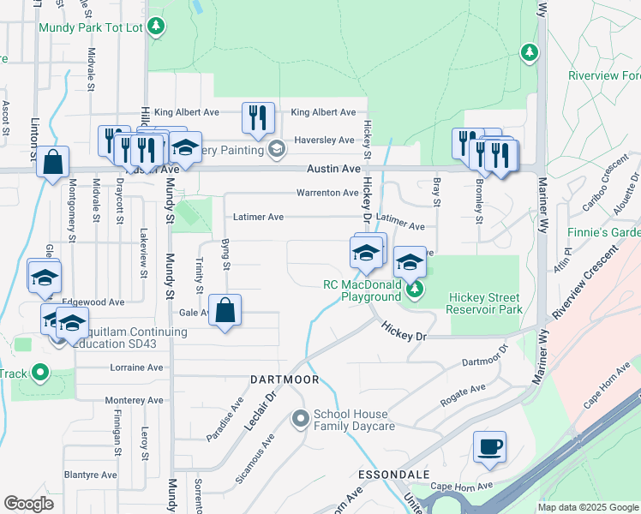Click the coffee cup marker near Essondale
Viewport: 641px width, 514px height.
pos(489,447)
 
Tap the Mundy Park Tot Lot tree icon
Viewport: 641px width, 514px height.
pos(156,27)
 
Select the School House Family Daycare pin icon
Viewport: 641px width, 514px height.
pos(300,420)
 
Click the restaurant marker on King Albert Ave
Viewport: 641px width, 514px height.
pos(259,117)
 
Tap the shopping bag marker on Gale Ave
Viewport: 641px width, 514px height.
pos(225,311)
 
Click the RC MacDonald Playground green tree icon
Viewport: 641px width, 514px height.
pos(415,289)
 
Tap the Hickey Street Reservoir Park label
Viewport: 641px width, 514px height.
pos(484,303)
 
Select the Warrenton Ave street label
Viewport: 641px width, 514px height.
pos(327,193)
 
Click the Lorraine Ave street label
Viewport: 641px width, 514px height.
pos(136,368)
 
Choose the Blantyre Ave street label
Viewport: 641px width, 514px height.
pos(90,475)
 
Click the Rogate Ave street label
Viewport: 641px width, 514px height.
pos(463,391)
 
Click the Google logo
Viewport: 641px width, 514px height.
pos(28,504)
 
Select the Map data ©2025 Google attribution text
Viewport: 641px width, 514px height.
pos(587,507)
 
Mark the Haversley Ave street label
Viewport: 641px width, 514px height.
pos(324,140)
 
